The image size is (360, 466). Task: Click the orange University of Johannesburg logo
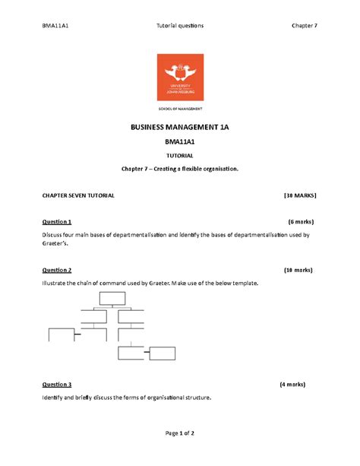pos(180,78)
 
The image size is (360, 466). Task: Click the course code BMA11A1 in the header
pos(58,25)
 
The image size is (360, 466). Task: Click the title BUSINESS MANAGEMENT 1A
pos(180,127)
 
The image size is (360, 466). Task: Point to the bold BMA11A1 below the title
pos(180,141)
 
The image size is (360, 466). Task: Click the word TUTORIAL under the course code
pos(180,156)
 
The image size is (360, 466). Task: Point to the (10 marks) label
pos(297,270)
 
